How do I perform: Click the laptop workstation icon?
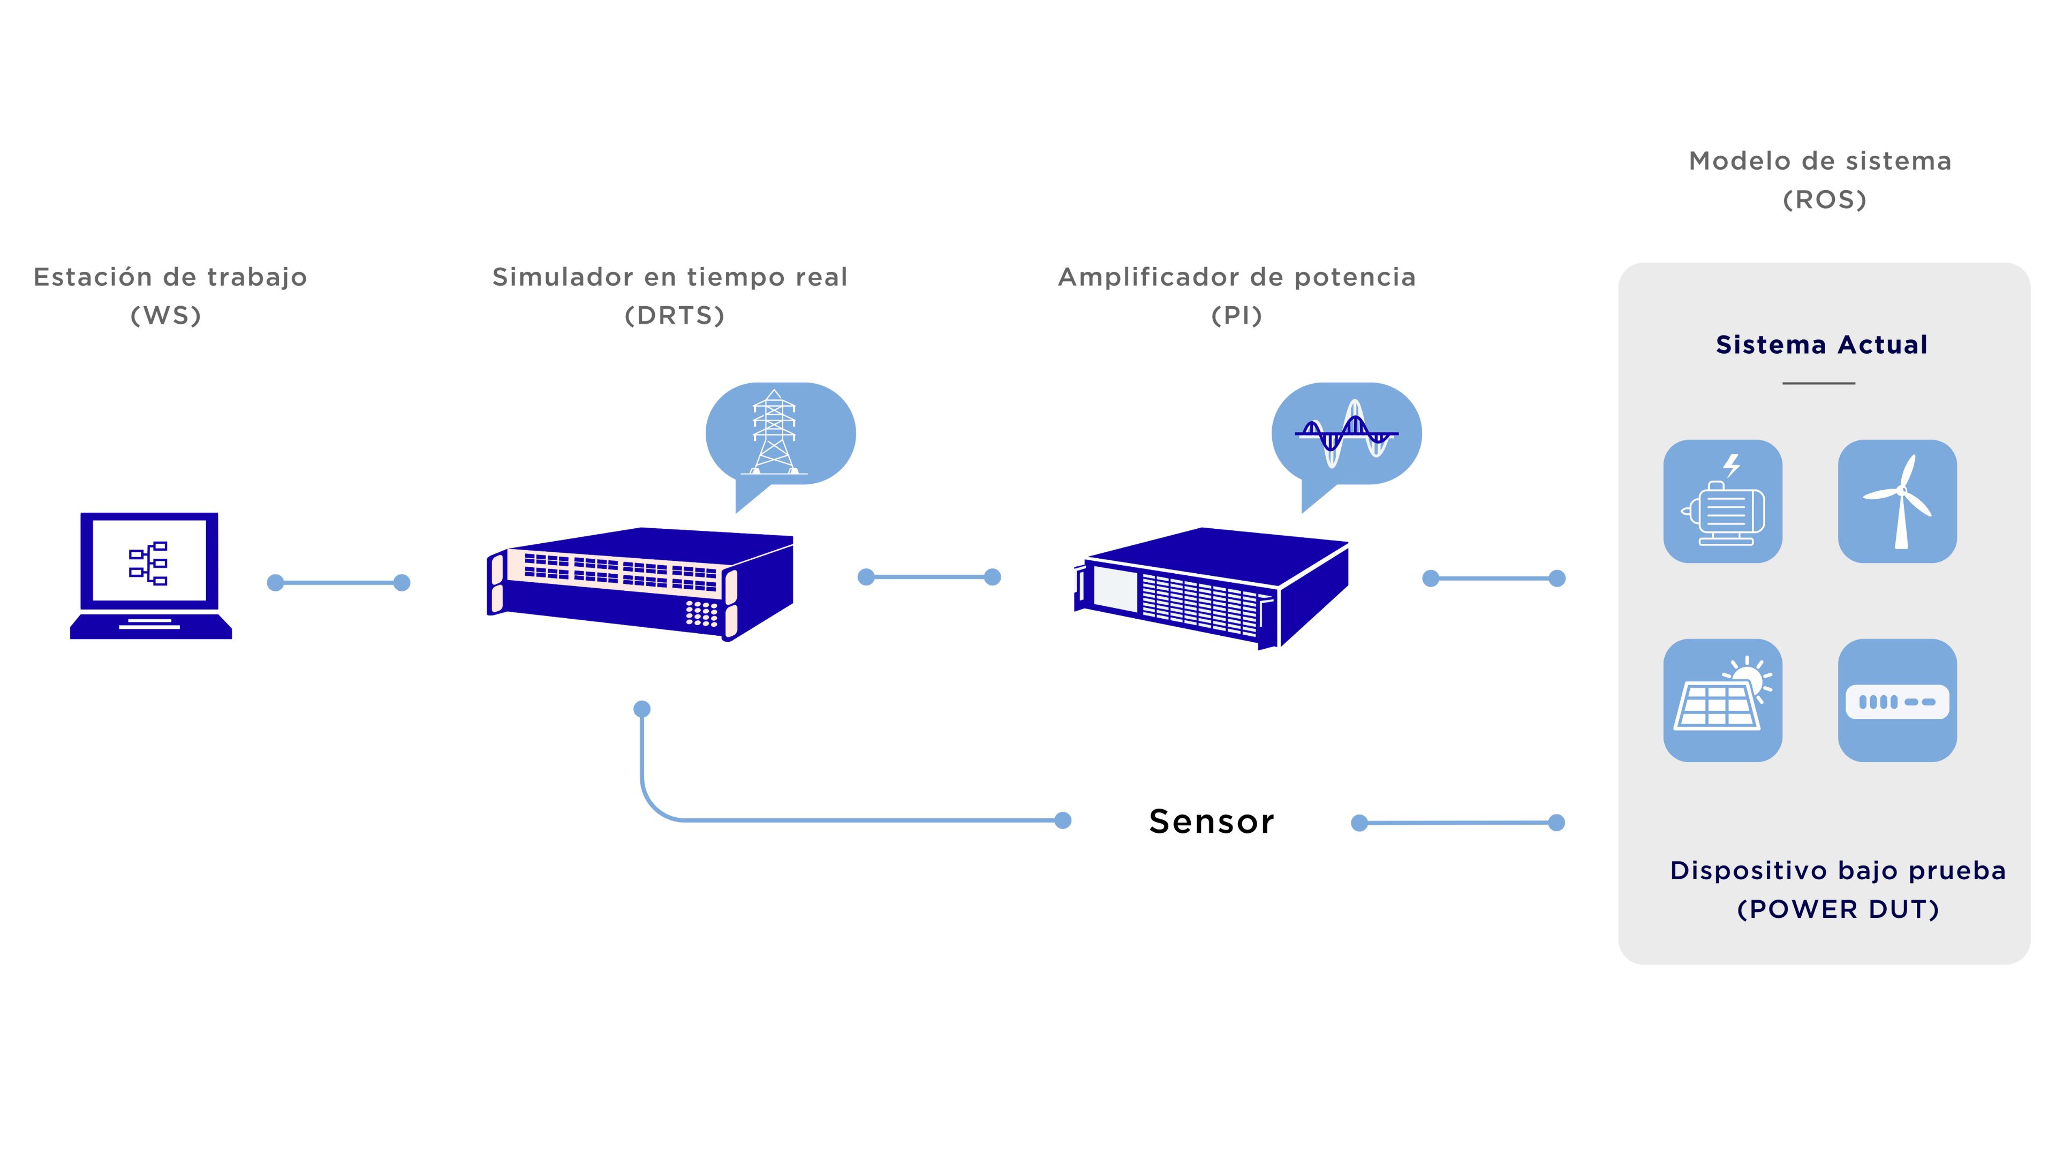[x=150, y=574]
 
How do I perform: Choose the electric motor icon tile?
[x=1722, y=501]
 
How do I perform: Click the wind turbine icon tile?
[x=1896, y=501]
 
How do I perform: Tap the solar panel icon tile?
[x=1722, y=699]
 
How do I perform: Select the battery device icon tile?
[x=1896, y=699]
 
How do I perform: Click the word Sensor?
[x=1211, y=822]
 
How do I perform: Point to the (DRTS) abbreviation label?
[x=675, y=316]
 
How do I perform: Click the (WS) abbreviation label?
[x=166, y=316]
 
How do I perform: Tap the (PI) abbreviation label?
[x=1236, y=316]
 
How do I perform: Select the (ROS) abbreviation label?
[x=1825, y=200]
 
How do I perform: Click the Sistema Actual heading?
[x=1821, y=345]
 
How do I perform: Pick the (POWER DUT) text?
[x=1838, y=909]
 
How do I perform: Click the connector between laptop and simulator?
[x=338, y=583]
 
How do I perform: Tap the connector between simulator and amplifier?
[x=929, y=577]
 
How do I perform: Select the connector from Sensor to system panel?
[x=1457, y=823]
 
